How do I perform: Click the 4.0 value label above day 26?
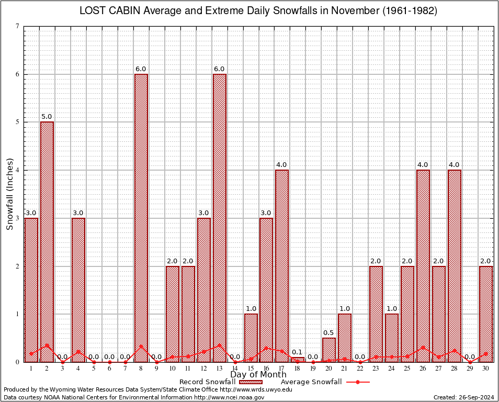[x=423, y=165]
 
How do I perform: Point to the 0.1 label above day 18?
[x=297, y=352]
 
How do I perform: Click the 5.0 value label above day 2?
[x=47, y=117]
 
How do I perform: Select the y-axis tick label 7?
[x=18, y=26]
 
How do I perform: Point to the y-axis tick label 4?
[x=18, y=170]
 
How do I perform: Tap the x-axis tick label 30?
[x=486, y=368]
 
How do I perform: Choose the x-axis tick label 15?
[x=251, y=368]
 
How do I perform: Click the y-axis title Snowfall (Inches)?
[x=10, y=194]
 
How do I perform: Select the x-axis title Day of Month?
[x=258, y=375]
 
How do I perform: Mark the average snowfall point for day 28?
[x=455, y=350]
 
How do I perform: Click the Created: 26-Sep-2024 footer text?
[x=463, y=397]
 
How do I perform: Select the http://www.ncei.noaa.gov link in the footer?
[x=229, y=397]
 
